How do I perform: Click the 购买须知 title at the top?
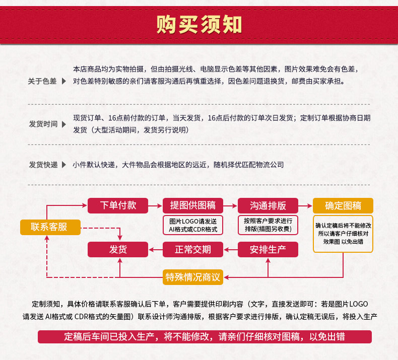pyautogui.click(x=199, y=24)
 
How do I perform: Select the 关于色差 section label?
pyautogui.click(x=42, y=81)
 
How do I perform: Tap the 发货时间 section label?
pyautogui.click(x=43, y=124)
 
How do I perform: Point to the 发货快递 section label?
pyautogui.click(x=43, y=165)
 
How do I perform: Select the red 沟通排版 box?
pyautogui.click(x=268, y=205)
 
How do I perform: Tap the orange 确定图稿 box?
pyautogui.click(x=343, y=205)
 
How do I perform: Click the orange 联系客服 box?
pyautogui.click(x=50, y=227)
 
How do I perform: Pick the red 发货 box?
pyautogui.click(x=118, y=249)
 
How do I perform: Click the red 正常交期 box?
pyautogui.click(x=193, y=249)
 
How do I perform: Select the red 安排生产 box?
pyautogui.click(x=268, y=249)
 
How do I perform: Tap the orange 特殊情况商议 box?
pyautogui.click(x=193, y=277)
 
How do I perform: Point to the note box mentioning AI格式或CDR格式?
pyautogui.click(x=193, y=225)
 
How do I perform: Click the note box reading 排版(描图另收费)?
pyautogui.click(x=268, y=225)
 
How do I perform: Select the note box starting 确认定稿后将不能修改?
pyautogui.click(x=343, y=233)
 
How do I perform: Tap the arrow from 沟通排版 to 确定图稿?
pyautogui.click(x=305, y=205)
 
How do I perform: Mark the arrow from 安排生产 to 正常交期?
pyautogui.click(x=230, y=249)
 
